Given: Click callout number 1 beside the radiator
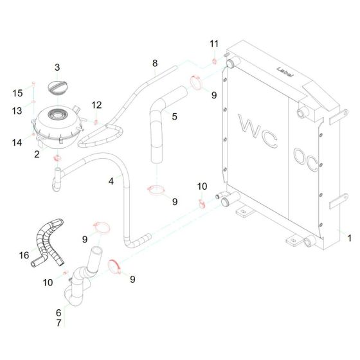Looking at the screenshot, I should point(349,238).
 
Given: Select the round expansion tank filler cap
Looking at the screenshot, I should point(58,87).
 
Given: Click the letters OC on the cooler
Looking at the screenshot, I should point(301,157).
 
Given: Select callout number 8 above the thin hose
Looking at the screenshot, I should point(154,63).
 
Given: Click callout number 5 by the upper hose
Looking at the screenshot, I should point(174,116).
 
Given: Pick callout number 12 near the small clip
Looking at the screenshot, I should point(96,105).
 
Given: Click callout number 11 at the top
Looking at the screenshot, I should point(214,43).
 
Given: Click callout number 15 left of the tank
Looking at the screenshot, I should point(19,93).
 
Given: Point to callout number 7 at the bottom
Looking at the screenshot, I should point(59,324).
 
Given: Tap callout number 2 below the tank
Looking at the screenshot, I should point(37,154).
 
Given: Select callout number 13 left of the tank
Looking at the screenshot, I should point(19,111).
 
